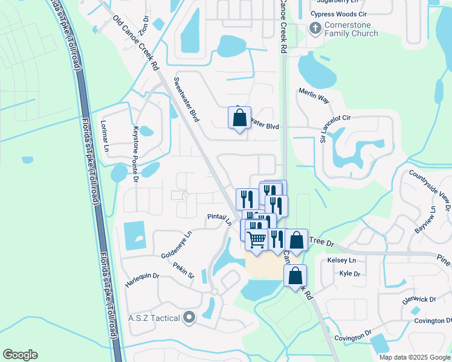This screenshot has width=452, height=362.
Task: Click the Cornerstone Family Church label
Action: [x=351, y=29]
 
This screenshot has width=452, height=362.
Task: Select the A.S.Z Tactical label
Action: [x=154, y=317]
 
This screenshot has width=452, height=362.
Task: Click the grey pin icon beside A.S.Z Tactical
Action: [x=190, y=317]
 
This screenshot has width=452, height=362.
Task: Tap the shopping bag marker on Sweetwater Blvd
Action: [x=239, y=118]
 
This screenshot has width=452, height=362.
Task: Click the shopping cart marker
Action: [x=256, y=239]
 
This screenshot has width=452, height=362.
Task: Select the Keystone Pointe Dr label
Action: [x=135, y=152]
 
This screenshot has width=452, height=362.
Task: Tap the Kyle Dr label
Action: [x=350, y=273]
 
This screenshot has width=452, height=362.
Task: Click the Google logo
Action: [x=20, y=355]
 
